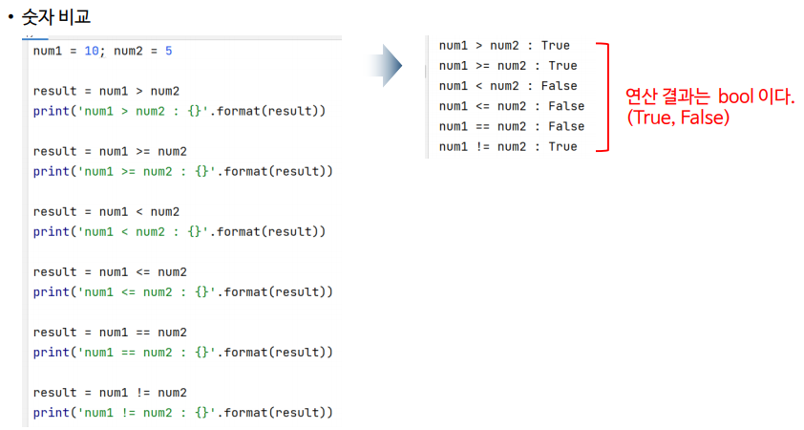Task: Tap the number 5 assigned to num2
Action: [x=168, y=51]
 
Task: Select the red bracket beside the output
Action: [x=602, y=97]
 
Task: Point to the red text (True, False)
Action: [x=678, y=118]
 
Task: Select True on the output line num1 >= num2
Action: [x=562, y=66]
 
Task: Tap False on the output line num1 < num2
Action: [x=559, y=86]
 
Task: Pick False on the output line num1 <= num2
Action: [x=566, y=106]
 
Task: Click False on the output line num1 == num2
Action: [x=566, y=126]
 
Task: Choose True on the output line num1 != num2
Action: [x=562, y=146]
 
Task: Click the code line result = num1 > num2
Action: [x=106, y=92]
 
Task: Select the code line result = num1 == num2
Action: [x=110, y=333]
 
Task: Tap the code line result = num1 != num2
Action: [x=110, y=393]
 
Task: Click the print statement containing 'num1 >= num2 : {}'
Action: [x=182, y=171]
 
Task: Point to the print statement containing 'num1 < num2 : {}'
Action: [x=179, y=231]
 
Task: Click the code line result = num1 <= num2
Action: [x=110, y=272]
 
